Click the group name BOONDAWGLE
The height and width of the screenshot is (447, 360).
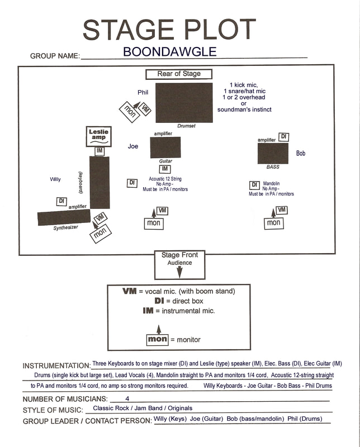(169, 52)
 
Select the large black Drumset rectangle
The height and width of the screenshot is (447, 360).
(184, 103)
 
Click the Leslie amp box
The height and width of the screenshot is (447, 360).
(100, 135)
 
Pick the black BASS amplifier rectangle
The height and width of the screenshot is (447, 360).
(273, 154)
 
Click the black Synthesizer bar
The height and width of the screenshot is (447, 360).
(64, 217)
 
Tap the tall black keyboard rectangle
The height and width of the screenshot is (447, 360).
(100, 182)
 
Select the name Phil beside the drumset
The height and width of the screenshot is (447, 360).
(143, 92)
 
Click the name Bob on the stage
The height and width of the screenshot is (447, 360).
(301, 153)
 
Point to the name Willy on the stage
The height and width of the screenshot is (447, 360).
(55, 179)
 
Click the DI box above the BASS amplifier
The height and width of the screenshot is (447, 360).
(284, 137)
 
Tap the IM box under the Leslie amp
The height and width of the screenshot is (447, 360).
(100, 151)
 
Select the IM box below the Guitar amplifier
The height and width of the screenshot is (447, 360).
(165, 169)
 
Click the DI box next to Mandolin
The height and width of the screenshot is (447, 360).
(254, 185)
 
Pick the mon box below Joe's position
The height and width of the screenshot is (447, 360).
(154, 223)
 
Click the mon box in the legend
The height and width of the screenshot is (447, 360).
(158, 339)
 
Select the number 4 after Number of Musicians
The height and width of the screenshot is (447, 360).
(128, 399)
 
